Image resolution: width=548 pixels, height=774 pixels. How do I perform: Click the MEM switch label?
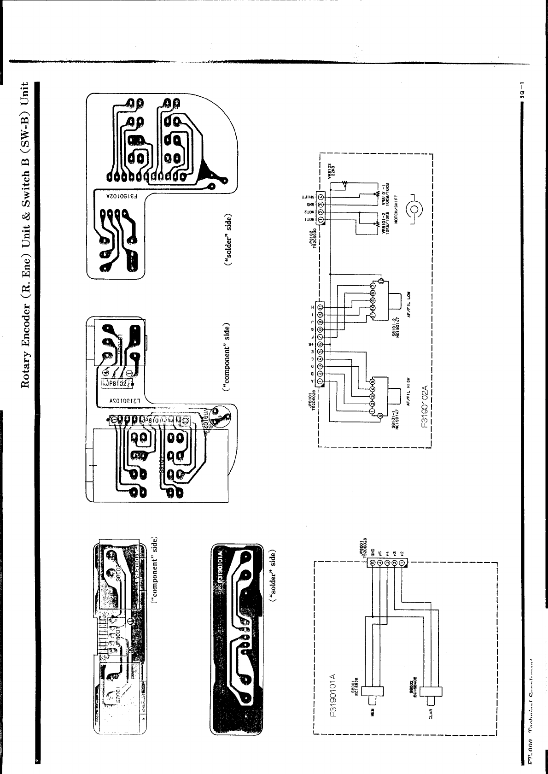(372, 710)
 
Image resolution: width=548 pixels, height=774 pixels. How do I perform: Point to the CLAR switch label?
(430, 710)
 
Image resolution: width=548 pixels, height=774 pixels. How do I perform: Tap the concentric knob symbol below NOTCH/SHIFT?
(413, 210)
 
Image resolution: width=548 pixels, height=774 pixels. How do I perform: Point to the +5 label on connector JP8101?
(311, 343)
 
